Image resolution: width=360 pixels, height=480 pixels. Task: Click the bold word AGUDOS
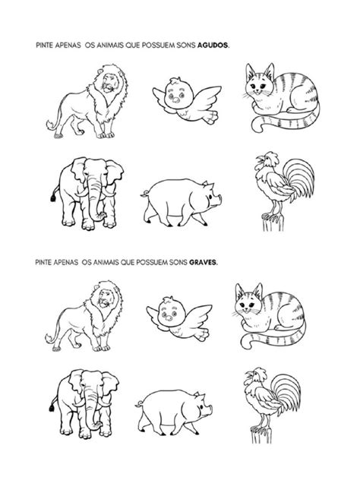point(213,45)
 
